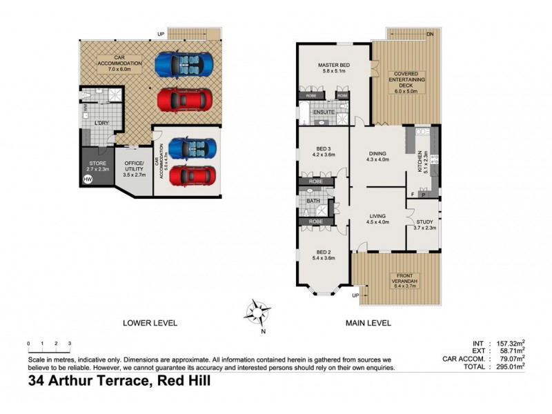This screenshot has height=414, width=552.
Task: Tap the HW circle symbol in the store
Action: point(88,179)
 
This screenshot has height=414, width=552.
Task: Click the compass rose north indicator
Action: point(258,313)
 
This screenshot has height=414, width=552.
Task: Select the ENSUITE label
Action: point(323,112)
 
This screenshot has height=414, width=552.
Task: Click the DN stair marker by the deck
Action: point(428,33)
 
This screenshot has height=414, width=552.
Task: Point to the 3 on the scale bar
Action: point(69,343)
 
